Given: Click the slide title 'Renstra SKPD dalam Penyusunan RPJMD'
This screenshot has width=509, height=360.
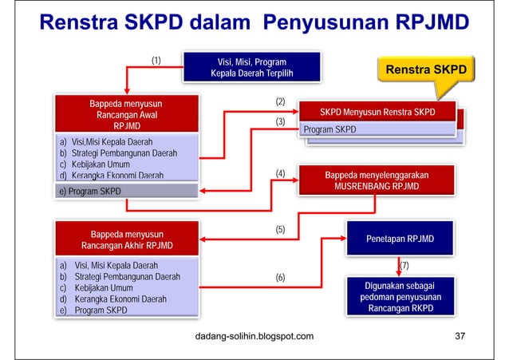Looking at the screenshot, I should pyautogui.click(x=254, y=24).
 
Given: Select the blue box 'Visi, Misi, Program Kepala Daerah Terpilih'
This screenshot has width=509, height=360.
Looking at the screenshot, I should pyautogui.click(x=251, y=68).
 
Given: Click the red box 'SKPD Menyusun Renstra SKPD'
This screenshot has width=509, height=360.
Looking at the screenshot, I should pyautogui.click(x=377, y=112).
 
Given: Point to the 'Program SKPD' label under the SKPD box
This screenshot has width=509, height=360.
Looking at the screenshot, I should pyautogui.click(x=329, y=129).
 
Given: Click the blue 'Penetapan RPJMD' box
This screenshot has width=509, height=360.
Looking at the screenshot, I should pyautogui.click(x=400, y=239).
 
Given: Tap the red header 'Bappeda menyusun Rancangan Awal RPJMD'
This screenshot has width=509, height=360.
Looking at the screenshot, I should pyautogui.click(x=125, y=114).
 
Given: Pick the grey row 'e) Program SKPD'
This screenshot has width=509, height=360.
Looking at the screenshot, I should pyautogui.click(x=125, y=192).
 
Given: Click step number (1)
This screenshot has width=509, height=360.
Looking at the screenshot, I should pyautogui.click(x=156, y=60).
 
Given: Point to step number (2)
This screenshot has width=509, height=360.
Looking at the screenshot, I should pyautogui.click(x=280, y=102).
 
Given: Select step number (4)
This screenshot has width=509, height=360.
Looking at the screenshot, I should pyautogui.click(x=280, y=173).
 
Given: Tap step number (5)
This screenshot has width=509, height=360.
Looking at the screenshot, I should pyautogui.click(x=280, y=229).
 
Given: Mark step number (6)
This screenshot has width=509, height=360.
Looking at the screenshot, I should pyautogui.click(x=280, y=277).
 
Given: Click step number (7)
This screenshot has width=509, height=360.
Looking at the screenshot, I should pyautogui.click(x=404, y=264).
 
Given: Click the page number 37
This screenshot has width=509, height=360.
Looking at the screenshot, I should pyautogui.click(x=460, y=336).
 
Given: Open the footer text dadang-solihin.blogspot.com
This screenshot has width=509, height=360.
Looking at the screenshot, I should pyautogui.click(x=254, y=336).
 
